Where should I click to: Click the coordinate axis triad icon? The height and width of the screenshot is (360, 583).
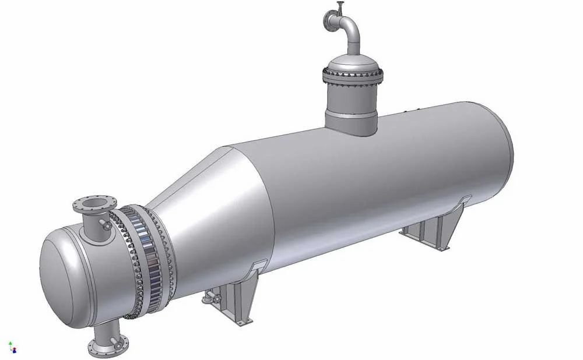(x=12, y=348)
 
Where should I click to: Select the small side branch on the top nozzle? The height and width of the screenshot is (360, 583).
(x=106, y=225)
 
